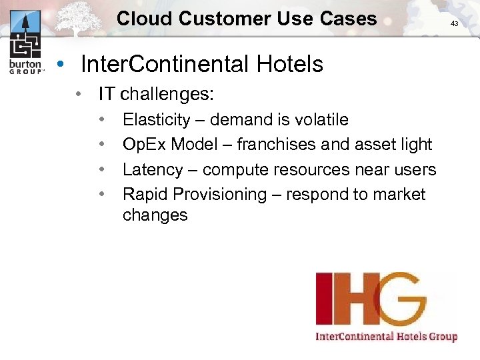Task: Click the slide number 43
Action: click(455, 23)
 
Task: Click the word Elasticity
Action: click(156, 120)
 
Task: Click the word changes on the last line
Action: click(155, 215)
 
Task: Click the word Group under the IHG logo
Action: click(443, 336)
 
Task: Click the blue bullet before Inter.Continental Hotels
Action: click(61, 65)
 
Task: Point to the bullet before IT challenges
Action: click(79, 94)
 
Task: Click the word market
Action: click(400, 195)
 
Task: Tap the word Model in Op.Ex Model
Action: click(201, 145)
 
